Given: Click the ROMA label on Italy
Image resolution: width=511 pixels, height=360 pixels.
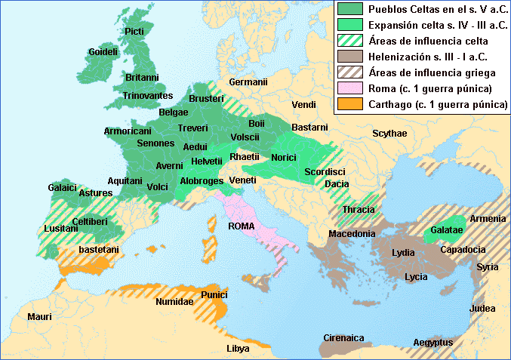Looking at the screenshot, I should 242,226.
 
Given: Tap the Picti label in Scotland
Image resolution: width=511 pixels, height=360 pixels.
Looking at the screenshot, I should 134,31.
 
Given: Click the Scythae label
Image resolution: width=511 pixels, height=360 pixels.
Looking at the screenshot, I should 389,133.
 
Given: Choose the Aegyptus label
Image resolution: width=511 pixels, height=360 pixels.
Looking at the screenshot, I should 433,342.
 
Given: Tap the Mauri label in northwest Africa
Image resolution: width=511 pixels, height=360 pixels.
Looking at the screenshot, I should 39,316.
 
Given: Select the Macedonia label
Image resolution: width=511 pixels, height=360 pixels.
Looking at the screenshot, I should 352,234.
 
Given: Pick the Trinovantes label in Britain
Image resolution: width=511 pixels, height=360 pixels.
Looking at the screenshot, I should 148,96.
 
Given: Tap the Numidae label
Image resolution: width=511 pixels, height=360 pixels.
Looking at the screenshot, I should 174,301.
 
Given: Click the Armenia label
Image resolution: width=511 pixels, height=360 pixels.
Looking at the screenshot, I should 488,219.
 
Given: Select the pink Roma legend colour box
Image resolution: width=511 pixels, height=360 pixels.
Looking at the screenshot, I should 349,88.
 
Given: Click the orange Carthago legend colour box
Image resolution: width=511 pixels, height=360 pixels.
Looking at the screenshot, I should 349,104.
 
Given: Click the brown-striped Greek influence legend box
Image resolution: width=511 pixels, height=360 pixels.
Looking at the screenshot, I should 349,72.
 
